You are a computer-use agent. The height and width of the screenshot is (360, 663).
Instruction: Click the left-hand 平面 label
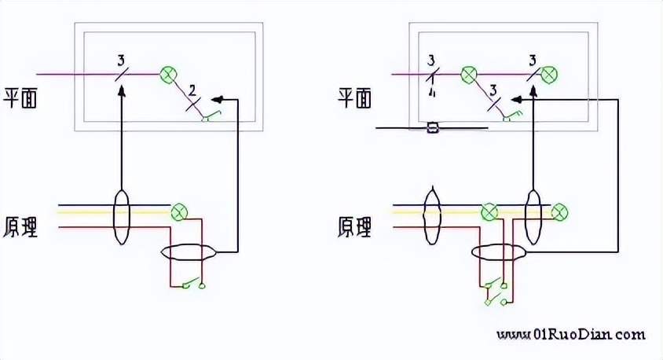pyautogui.click(x=22, y=97)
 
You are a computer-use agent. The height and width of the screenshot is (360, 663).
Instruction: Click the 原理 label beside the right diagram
pyautogui.click(x=354, y=227)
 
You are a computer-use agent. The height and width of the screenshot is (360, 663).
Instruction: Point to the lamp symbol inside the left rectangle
pyautogui.click(x=167, y=75)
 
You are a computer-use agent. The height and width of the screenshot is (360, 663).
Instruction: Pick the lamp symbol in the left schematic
pyautogui.click(x=179, y=211)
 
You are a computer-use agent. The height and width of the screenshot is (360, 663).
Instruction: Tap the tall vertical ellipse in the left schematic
pyautogui.click(x=121, y=215)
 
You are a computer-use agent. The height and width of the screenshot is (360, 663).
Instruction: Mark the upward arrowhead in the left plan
pyautogui.click(x=121, y=92)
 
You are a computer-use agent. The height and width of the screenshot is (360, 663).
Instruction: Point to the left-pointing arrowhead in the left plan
pyautogui.click(x=219, y=100)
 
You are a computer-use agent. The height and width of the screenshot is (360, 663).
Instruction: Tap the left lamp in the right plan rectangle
pyautogui.click(x=469, y=75)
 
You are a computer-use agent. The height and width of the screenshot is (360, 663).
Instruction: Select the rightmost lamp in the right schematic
pyautogui.click(x=559, y=211)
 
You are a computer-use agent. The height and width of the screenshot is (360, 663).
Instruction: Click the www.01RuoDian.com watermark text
pyautogui.click(x=571, y=335)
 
